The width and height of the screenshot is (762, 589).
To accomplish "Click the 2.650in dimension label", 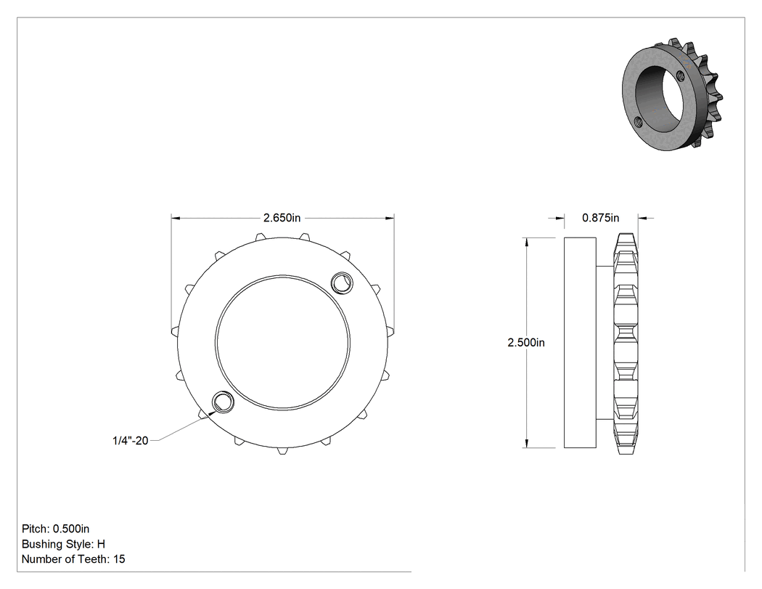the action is [x=282, y=218].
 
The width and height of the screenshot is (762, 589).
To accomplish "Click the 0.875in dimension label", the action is [x=601, y=218].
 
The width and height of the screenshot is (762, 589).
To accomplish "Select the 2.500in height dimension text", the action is [x=526, y=342].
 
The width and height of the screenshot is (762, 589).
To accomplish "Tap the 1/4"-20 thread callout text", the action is [x=130, y=441].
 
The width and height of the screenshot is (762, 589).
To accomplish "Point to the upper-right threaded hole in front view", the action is [x=341, y=283].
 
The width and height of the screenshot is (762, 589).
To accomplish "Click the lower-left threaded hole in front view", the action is [x=224, y=402].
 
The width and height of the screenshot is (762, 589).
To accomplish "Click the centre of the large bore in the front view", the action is [x=282, y=342].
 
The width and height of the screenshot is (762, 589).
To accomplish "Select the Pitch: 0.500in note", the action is [x=55, y=529].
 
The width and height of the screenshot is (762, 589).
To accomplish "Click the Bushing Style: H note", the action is [x=63, y=544].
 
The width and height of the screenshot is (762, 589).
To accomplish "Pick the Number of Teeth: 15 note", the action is [x=73, y=558].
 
